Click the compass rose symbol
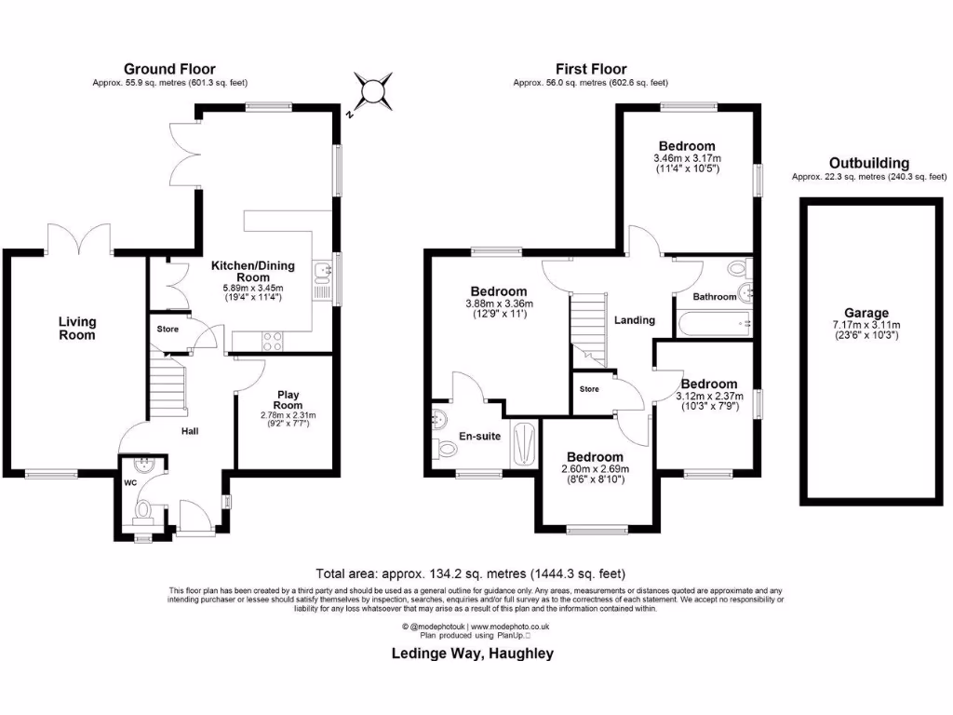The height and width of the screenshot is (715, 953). click(372, 91)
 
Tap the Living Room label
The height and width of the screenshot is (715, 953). click(77, 328)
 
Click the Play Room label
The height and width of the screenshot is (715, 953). click(287, 399)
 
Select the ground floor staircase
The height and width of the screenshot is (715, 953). click(168, 389)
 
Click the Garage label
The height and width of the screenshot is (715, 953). click(866, 313)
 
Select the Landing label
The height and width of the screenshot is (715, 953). click(634, 320)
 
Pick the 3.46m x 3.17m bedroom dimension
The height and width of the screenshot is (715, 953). click(687, 158)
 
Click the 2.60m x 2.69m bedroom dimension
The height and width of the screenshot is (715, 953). click(596, 468)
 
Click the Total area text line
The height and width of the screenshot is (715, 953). click(476, 573)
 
